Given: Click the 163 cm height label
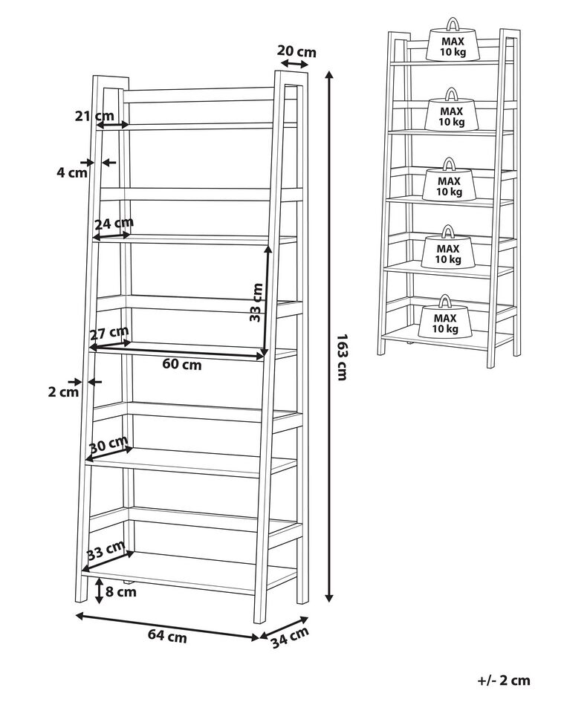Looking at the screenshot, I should (x=342, y=357).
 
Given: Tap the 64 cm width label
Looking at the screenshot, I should (x=166, y=636).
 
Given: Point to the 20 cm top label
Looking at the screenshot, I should (x=296, y=51).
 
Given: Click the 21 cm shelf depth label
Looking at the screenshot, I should (x=94, y=115).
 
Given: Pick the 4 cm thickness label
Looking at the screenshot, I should (x=72, y=172).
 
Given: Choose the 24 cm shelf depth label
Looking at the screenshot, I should (x=114, y=223).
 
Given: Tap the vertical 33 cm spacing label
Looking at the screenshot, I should (x=256, y=302).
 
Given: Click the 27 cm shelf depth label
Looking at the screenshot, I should (x=109, y=332).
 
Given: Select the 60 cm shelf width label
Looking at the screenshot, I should (x=182, y=364).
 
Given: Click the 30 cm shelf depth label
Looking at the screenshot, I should (x=108, y=446).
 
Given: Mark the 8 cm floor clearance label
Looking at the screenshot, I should (x=122, y=592).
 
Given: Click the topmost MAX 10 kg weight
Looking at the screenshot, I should (x=451, y=43).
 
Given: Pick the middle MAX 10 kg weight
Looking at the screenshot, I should (x=449, y=183).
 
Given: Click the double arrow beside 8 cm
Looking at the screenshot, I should (x=100, y=590).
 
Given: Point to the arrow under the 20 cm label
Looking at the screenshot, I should (x=295, y=65).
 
